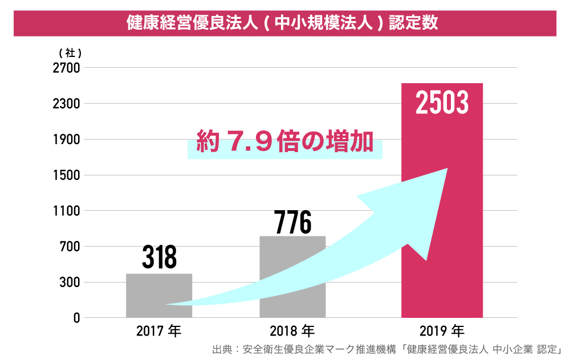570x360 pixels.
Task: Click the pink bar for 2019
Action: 442,228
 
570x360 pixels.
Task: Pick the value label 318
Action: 159,257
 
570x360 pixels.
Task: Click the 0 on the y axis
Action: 76,318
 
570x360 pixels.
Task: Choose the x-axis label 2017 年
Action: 158,330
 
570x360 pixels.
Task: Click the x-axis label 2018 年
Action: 292,330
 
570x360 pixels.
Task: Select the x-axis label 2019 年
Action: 442,330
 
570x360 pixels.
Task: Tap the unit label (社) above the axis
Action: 70,53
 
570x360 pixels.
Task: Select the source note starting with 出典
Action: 387,349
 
